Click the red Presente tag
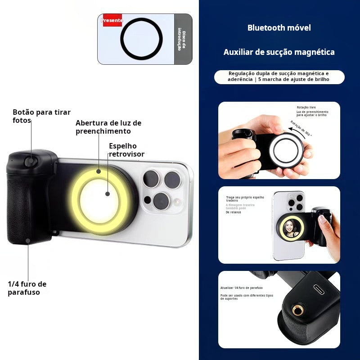pyautogui.click(x=112, y=20)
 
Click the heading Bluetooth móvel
pyautogui.click(x=279, y=28)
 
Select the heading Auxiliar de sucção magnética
pyautogui.click(x=279, y=52)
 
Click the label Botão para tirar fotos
pyautogui.click(x=41, y=116)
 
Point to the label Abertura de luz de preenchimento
pyautogui.click(x=108, y=127)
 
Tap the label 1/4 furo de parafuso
pyautogui.click(x=27, y=288)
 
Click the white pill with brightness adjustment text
pyautogui.click(x=279, y=76)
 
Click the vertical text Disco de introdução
pyautogui.click(x=180, y=39)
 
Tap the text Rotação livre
pyautogui.click(x=306, y=108)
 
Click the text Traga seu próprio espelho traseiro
pyautogui.click(x=245, y=199)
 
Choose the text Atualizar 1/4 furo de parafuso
pyautogui.click(x=241, y=288)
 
